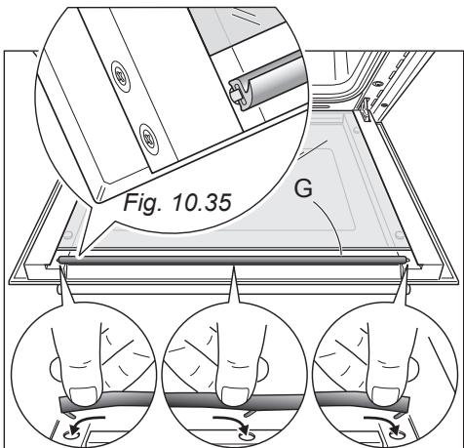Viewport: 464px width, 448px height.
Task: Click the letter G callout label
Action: coord(304,188)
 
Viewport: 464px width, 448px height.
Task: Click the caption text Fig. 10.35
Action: coord(177,202)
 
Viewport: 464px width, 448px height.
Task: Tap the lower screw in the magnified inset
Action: coord(149,139)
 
